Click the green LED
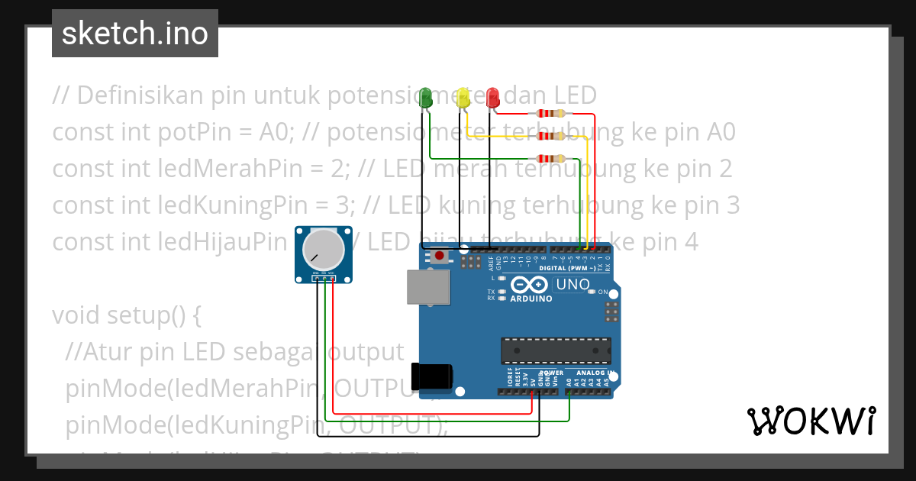pos(425,98)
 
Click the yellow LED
pos(462,98)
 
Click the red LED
pos(493,97)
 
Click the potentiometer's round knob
pos(321,249)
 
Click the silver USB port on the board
pos(427,288)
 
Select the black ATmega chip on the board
pos(556,350)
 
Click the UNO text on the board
pos(572,285)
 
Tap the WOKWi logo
pos(811,421)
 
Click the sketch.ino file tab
pos(135,34)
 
